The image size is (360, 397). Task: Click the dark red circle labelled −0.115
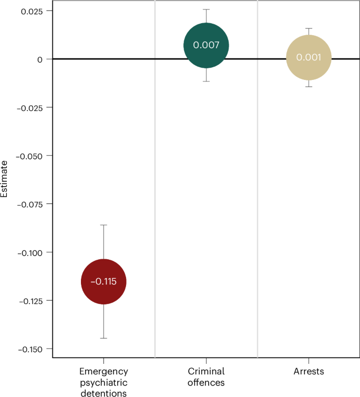click(x=104, y=281)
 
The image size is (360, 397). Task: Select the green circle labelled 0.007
click(x=206, y=45)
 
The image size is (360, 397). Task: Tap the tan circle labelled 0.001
click(x=309, y=57)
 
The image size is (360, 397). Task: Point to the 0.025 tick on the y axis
click(x=32, y=11)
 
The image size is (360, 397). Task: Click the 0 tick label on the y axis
click(x=40, y=59)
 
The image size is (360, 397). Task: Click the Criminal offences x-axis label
click(x=206, y=377)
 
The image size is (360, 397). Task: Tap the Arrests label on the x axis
click(x=309, y=372)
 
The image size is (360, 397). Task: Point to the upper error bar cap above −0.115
click(x=104, y=225)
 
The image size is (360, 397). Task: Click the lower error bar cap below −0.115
click(x=104, y=338)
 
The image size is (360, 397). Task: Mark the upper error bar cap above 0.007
click(x=206, y=9)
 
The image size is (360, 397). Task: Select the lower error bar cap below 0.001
click(x=309, y=86)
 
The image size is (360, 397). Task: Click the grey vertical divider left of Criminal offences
click(x=155, y=179)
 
